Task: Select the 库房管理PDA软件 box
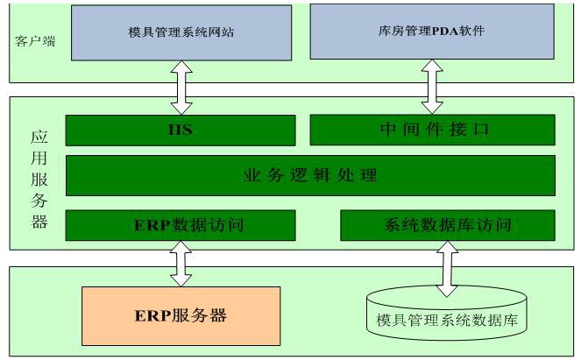coord(433,32)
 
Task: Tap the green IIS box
coord(181,131)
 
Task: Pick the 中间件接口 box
coord(432,131)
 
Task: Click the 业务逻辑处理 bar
coord(310,175)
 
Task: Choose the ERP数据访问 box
coord(182,225)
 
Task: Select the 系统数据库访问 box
coord(447,225)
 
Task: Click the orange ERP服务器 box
coord(181,315)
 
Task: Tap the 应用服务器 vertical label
coord(39,180)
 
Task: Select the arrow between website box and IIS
coord(181,88)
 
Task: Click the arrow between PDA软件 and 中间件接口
coord(432,87)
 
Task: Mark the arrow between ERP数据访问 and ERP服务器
coord(181,263)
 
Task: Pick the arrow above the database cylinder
coord(447,268)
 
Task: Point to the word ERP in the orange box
coord(151,315)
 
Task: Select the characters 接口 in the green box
coord(475,131)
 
